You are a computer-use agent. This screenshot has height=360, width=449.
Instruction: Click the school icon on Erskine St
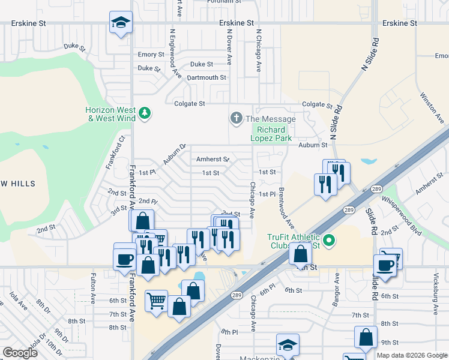121,23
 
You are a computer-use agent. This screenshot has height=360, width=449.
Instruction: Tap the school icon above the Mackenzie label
288,345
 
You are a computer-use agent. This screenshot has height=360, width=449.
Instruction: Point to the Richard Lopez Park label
275,133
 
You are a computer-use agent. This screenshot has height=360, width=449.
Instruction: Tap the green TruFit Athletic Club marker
328,241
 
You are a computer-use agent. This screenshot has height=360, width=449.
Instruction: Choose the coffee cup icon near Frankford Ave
125,259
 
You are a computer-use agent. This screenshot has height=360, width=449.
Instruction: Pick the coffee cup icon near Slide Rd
385,264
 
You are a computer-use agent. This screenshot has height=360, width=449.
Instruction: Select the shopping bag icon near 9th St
366,338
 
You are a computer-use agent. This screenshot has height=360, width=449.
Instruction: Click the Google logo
20,352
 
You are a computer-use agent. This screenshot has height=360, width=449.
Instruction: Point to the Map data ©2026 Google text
412,355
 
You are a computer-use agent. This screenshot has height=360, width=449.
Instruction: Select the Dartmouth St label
206,77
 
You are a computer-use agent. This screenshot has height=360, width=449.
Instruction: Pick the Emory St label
151,55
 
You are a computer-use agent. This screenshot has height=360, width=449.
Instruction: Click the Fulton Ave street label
93,289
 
